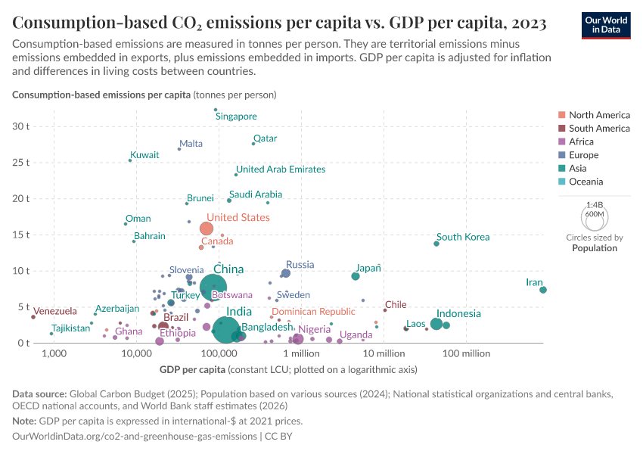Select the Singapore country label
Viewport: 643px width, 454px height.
click(236, 117)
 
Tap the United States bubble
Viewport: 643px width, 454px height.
click(207, 229)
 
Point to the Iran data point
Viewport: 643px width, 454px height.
click(543, 290)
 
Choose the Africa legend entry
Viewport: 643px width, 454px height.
click(582, 141)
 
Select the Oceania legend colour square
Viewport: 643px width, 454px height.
click(561, 182)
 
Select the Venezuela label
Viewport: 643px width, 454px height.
click(55, 311)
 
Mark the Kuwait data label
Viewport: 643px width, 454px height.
click(144, 154)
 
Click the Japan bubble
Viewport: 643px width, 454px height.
click(356, 276)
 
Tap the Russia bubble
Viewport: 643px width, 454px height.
click(286, 273)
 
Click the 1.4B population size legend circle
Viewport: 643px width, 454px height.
click(595, 217)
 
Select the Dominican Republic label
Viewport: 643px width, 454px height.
click(313, 311)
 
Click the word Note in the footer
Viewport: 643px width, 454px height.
click(23, 421)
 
